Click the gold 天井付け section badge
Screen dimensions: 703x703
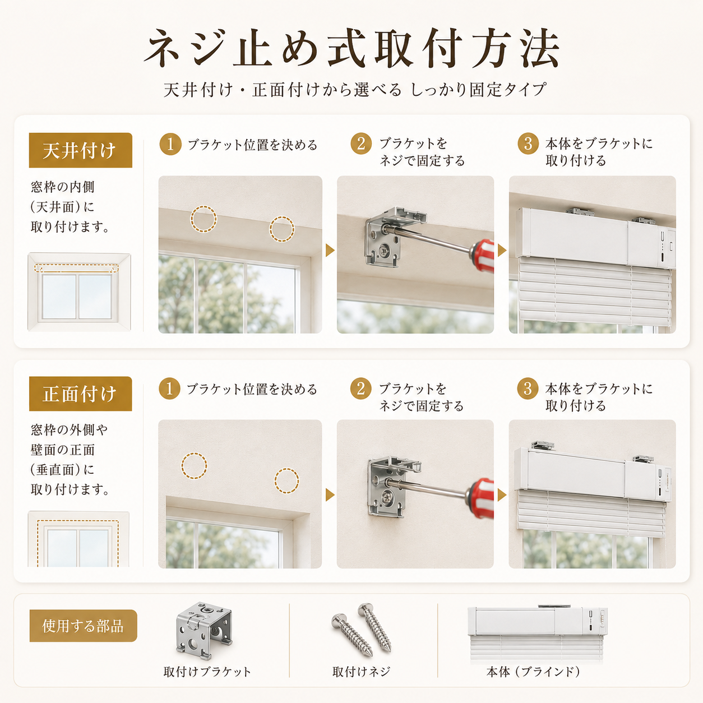pyautogui.click(x=80, y=150)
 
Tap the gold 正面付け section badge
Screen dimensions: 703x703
pyautogui.click(x=80, y=394)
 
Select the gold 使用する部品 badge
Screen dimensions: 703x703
pyautogui.click(x=83, y=626)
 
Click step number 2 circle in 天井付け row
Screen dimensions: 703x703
pyautogui.click(x=361, y=144)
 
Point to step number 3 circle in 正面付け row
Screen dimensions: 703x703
pyautogui.click(x=528, y=388)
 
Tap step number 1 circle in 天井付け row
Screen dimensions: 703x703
pyautogui.click(x=170, y=144)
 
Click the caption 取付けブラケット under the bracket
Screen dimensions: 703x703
pyautogui.click(x=207, y=672)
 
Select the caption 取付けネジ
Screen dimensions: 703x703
pyautogui.click(x=361, y=672)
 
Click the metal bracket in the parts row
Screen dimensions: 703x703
pyautogui.click(x=204, y=631)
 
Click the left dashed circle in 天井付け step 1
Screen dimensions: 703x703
pyautogui.click(x=203, y=219)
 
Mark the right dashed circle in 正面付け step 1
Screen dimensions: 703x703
pyautogui.click(x=286, y=481)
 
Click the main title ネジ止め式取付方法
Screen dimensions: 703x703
pyautogui.click(x=351, y=49)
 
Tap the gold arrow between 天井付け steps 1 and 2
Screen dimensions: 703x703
pyautogui.click(x=330, y=250)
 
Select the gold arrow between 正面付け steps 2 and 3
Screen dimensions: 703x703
pyautogui.click(x=502, y=495)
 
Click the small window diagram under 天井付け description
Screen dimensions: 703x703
pyautogui.click(x=79, y=292)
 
